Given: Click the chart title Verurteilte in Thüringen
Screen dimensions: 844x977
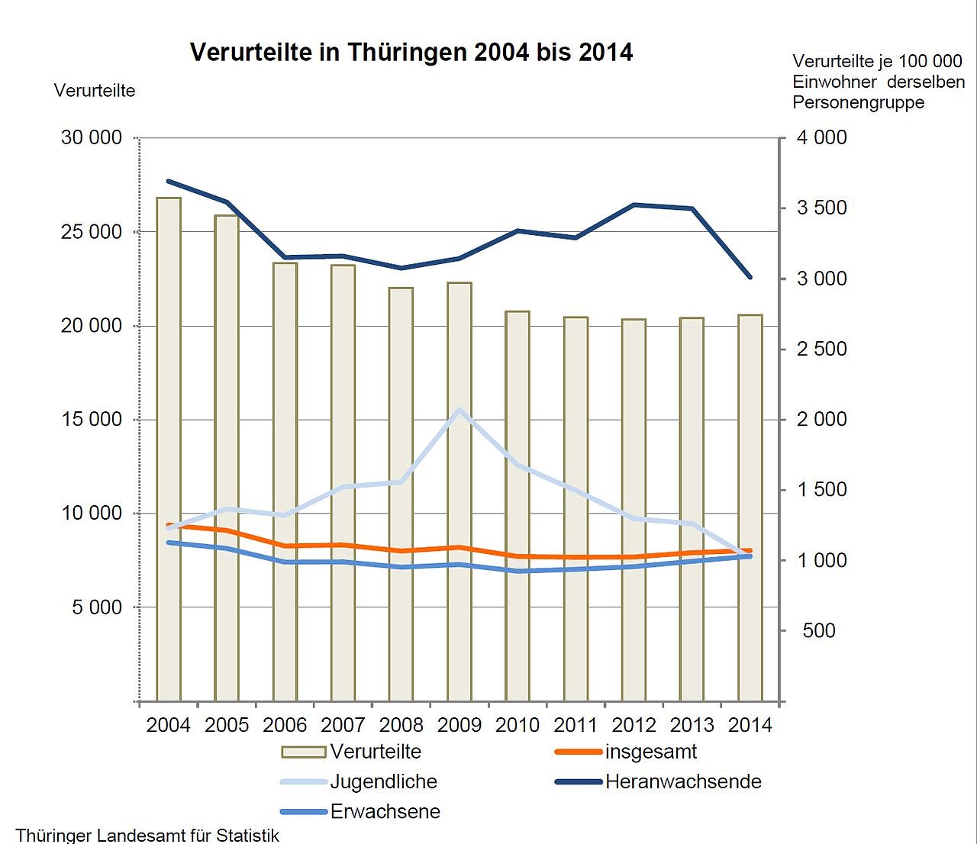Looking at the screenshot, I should pos(411,52).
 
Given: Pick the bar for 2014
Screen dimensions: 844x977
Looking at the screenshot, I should pos(750,507).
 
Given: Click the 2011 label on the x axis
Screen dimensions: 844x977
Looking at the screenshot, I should pos(576,724).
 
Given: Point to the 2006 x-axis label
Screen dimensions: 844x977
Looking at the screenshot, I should pos(285,724).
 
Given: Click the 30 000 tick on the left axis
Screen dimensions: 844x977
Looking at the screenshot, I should pos(92,137).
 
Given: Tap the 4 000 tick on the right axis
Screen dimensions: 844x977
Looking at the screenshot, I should pos(822,137).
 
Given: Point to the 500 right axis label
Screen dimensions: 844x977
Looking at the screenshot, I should pos(819,630).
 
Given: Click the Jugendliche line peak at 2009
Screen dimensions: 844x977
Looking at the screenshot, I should pos(459,410).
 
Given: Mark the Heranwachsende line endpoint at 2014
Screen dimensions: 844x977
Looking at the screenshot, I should pos(750,277).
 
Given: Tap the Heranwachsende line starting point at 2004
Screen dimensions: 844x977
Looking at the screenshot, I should pos(169,182).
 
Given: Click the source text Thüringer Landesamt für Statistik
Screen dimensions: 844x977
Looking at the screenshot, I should pos(147,835).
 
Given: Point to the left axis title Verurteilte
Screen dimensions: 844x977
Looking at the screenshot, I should pos(95,91).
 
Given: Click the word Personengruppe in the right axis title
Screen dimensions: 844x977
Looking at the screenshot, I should pos(858,102).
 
